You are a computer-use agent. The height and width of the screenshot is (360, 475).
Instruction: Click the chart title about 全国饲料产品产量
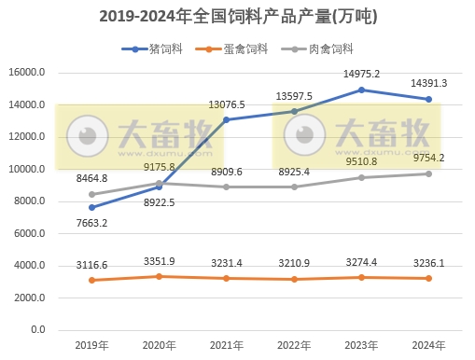[237, 17]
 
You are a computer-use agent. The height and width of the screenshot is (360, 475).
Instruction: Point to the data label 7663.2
[92, 223]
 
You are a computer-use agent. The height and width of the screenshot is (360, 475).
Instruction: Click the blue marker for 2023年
[361, 90]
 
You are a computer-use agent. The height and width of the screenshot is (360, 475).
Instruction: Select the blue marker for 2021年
[227, 120]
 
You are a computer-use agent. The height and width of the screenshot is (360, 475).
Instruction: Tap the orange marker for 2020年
[160, 276]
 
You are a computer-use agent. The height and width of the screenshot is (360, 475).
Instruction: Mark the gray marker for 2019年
[92, 194]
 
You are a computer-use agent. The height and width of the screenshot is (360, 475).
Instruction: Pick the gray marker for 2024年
[428, 173]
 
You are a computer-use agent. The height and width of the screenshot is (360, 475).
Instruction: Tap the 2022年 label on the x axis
[294, 345]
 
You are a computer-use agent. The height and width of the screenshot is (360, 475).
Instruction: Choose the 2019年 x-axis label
[92, 345]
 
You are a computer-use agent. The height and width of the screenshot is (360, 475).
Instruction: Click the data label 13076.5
[228, 104]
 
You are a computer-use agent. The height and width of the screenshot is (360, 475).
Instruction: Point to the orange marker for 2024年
[428, 278]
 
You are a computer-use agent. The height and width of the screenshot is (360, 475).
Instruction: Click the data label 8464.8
[92, 178]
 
